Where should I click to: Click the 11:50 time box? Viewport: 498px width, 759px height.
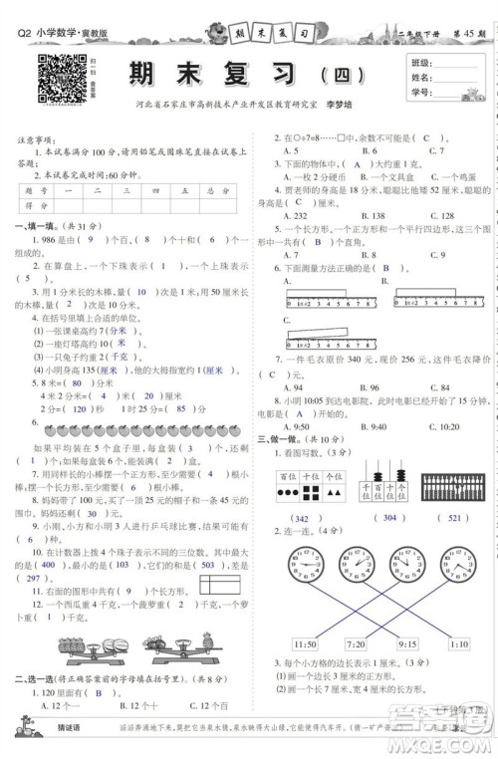click(x=306, y=643)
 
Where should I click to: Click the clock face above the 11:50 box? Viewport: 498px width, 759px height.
click(x=305, y=575)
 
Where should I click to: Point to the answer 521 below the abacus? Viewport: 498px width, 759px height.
click(x=454, y=518)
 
